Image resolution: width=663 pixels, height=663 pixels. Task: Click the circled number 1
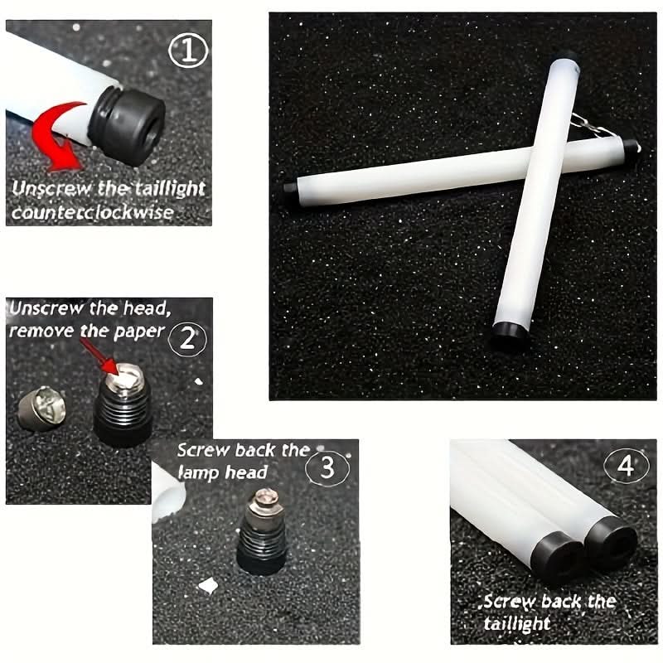pos(188,51)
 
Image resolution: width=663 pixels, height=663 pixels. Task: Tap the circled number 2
pos(187,339)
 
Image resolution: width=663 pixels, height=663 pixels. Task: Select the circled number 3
pos(327,468)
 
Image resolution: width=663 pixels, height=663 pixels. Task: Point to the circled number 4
pos(626,466)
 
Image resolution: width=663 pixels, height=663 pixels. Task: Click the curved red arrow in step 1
pos(55,135)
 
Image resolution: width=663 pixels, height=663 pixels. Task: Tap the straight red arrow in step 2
pos(99,356)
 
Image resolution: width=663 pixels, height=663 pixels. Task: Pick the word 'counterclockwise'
pos(93,212)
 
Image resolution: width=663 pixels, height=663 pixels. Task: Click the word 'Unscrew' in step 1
pos(51,189)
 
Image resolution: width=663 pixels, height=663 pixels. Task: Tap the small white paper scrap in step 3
pos(208,586)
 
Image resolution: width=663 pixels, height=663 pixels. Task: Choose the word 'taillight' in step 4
pos(516,623)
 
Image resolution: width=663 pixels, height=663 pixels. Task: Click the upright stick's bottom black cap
pos(510,335)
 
